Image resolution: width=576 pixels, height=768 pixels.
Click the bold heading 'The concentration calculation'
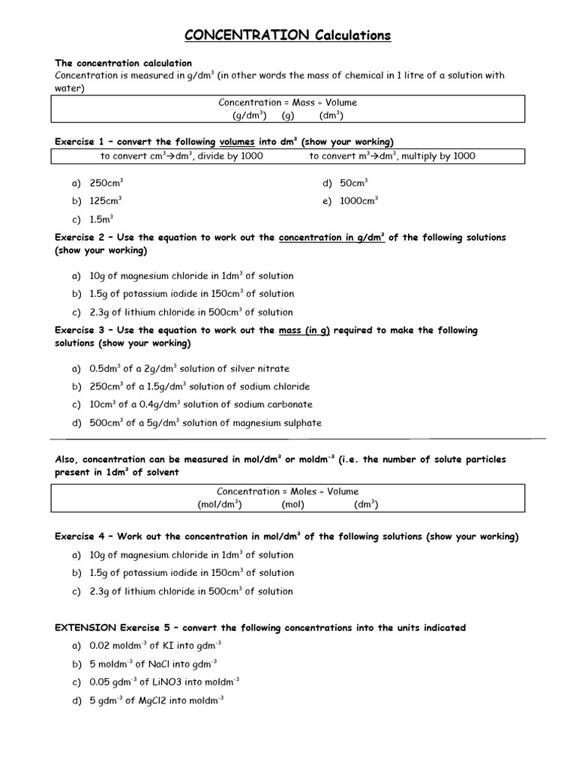coord(124,63)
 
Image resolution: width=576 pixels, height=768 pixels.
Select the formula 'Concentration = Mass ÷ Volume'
coord(287,102)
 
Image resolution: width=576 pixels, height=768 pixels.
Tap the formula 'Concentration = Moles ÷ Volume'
coord(287,491)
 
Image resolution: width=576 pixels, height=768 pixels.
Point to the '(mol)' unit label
coord(292,505)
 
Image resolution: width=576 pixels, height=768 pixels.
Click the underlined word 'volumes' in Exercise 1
coord(238,142)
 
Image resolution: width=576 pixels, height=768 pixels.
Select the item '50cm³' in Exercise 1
coord(354,183)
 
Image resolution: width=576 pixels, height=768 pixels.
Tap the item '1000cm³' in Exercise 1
coord(359,201)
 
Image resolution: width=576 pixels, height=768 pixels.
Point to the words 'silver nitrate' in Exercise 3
coord(262,369)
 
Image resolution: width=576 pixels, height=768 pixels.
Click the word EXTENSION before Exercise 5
coord(85,627)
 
